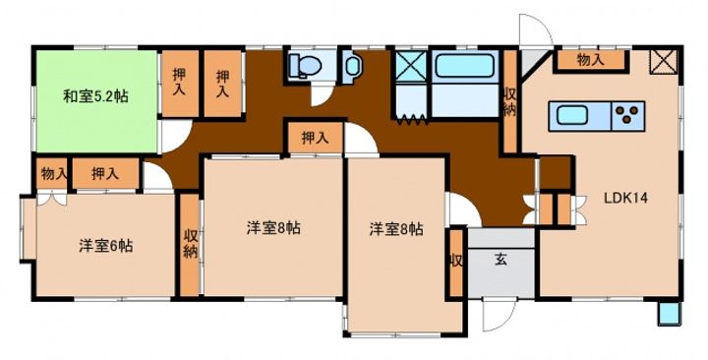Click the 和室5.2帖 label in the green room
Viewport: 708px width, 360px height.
click(95, 96)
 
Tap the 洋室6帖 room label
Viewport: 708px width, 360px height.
click(106, 245)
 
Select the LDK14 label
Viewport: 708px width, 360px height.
click(623, 197)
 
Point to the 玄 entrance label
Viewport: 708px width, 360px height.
click(501, 261)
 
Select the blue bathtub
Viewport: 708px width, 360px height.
click(468, 73)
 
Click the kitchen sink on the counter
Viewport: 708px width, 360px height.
click(572, 115)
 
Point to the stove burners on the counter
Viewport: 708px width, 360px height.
click(625, 115)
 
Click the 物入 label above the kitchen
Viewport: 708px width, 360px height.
click(591, 60)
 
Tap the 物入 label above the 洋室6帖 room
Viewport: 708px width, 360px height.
click(53, 174)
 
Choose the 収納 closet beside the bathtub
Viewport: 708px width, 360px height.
click(509, 100)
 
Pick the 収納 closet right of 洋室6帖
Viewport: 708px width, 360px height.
click(190, 244)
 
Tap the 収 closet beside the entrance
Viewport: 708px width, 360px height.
click(456, 262)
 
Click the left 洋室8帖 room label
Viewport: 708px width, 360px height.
click(272, 228)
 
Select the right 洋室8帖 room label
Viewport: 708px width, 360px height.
click(396, 229)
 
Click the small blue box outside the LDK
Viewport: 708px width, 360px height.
click(669, 313)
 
